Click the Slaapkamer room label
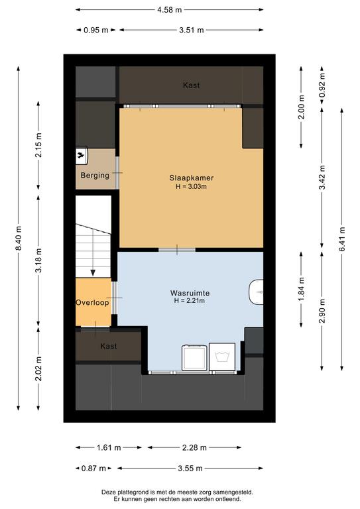191,178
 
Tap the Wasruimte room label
190,293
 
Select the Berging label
95,176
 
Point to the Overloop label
92,303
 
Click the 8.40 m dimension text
19,239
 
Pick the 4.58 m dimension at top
170,10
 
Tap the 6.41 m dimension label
342,239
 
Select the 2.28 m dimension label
194,447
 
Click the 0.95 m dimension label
95,30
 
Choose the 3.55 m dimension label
190,469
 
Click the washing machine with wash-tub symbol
222,357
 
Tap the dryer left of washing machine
195,357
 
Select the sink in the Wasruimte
256,292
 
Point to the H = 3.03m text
191,187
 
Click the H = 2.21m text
190,301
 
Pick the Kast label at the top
191,85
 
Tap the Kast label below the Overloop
109,346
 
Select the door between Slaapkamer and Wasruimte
177,250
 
